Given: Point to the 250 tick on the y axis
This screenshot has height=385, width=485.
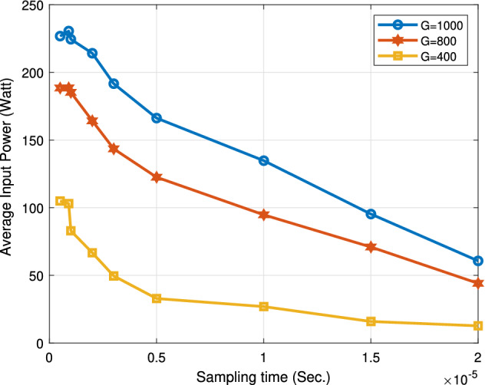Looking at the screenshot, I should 32,6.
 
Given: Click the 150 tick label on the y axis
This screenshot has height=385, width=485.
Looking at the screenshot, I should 32,141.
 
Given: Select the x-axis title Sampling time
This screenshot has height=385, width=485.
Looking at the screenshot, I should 263,375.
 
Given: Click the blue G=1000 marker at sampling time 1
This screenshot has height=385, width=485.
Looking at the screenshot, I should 264,160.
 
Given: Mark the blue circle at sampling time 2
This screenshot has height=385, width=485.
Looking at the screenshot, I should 478,261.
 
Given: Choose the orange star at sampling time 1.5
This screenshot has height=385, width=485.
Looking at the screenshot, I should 371,247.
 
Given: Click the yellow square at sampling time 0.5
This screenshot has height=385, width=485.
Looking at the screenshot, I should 157,298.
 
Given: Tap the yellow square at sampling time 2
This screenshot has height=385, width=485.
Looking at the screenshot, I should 478,325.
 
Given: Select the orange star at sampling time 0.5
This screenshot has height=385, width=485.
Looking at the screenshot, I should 157,177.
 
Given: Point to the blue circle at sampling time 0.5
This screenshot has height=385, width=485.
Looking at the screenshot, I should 157,118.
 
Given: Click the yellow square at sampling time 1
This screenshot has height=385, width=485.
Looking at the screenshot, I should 264,307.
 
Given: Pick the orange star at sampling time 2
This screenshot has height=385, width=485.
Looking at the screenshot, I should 478,283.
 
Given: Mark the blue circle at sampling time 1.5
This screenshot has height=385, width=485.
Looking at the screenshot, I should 371,214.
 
